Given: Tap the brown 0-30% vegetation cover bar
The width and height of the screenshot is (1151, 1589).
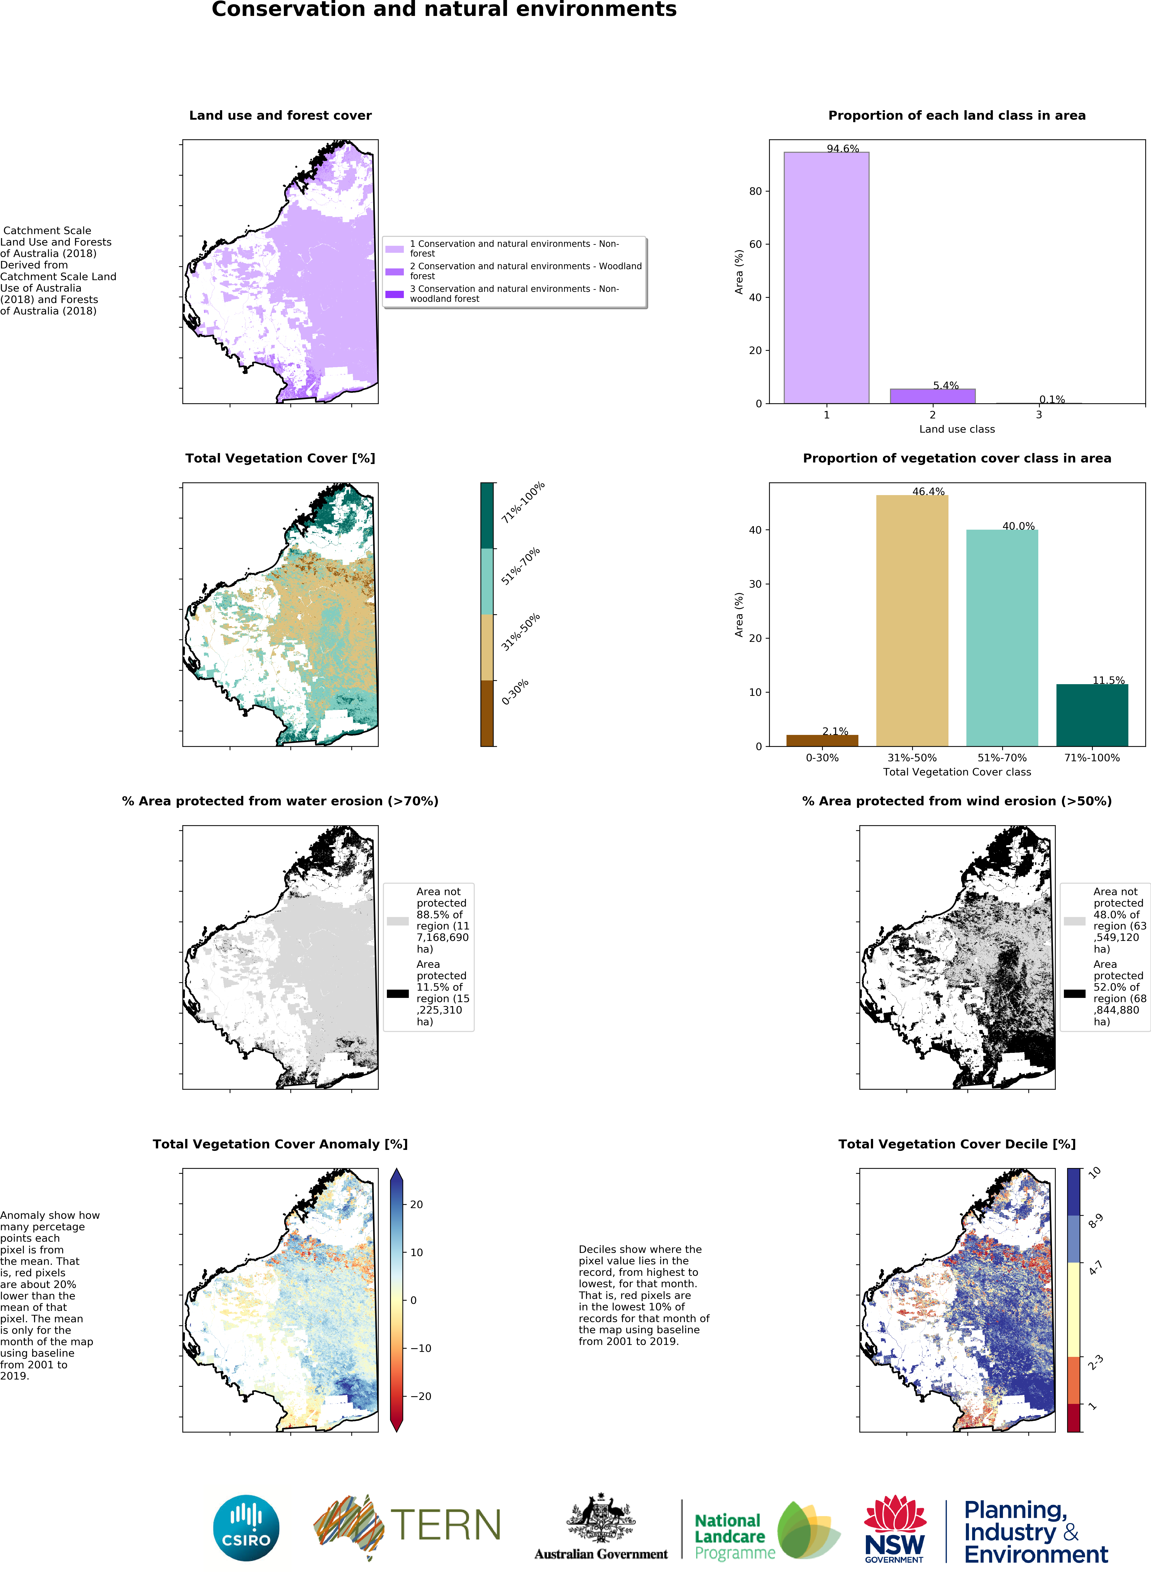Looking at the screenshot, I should coord(822,740).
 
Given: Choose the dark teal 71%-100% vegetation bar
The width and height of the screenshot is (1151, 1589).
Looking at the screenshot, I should coord(1092,715).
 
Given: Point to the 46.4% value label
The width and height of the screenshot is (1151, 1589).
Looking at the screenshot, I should coord(928,491).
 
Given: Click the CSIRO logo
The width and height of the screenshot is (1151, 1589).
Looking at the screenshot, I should coord(246,1528).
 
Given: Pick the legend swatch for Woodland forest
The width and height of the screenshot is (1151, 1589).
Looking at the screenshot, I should coord(394,271).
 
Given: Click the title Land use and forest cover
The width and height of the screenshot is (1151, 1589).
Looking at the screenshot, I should coord(280,116).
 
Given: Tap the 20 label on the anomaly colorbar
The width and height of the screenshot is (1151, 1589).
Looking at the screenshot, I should coord(416,1204).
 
